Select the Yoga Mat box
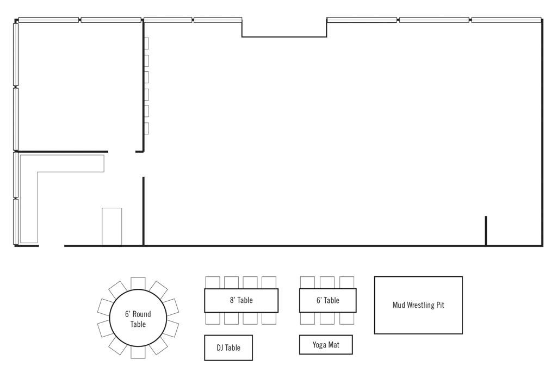pos(326,345)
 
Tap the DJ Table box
pos(228,348)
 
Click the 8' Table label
pos(241,300)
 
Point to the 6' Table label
pos(328,300)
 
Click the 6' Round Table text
pos(138,319)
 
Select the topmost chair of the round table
pos(138,283)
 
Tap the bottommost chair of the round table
pos(138,352)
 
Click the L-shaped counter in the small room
pos(28,199)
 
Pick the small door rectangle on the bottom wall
pos(112,227)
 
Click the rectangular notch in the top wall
pos(284,36)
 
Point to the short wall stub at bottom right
pos(486,231)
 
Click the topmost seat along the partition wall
pos(146,44)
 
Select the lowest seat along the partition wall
pos(146,128)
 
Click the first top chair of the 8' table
pos(213,282)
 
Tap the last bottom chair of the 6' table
pos(346,318)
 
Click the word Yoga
pos(319,345)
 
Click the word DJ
pos(220,348)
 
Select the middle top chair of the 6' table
pos(327,282)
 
